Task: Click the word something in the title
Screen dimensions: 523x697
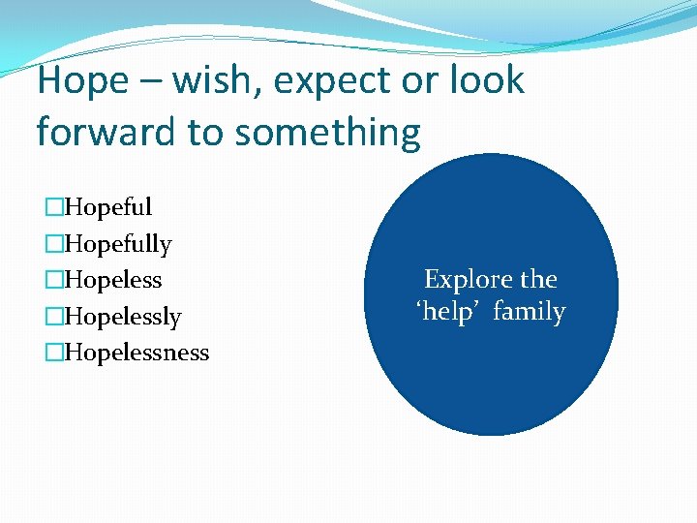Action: [328, 133]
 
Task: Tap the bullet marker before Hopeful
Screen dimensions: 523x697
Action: [54, 207]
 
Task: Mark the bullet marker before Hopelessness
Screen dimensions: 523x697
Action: [54, 353]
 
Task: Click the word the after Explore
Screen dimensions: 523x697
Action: [538, 280]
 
